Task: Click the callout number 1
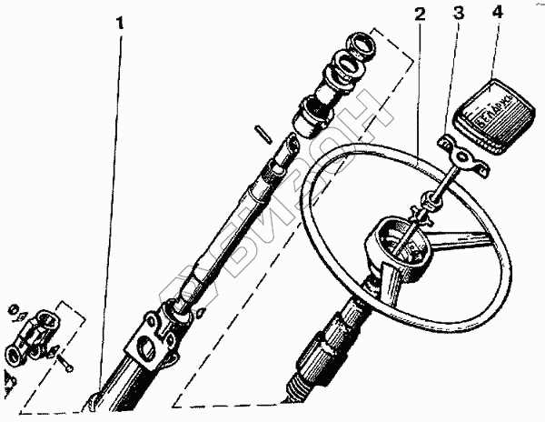pos(120,21)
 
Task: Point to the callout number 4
pos(496,15)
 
